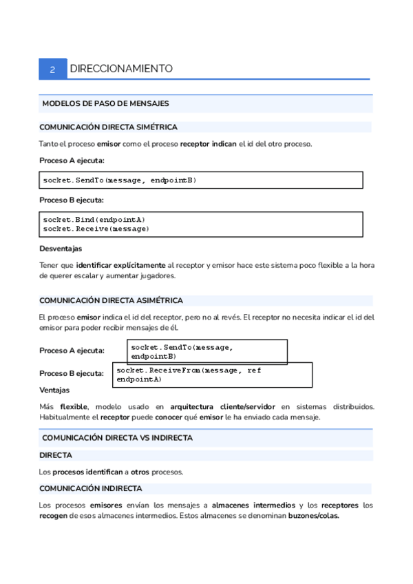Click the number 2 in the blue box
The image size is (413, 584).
pos(52,69)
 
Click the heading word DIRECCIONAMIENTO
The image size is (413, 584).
pos(121,69)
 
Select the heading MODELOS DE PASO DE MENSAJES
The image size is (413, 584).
pos(105,103)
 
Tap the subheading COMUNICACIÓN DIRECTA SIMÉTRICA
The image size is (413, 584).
pos(108,127)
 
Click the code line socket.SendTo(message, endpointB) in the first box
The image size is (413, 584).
pos(120,180)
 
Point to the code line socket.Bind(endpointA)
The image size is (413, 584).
pos(94,220)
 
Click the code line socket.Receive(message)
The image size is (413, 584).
pos(96,228)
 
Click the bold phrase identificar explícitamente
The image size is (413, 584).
pos(120,265)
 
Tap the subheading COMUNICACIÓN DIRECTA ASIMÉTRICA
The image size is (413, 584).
pos(111,300)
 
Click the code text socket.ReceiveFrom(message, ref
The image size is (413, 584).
pos(189,371)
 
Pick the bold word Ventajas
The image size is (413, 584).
pos(54,390)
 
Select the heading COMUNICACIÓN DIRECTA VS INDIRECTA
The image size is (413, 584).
pos(117,437)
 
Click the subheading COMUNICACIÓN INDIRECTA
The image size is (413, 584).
pos(91,488)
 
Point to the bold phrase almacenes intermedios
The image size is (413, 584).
pos(253,505)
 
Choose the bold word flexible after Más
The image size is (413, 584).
pos(73,406)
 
